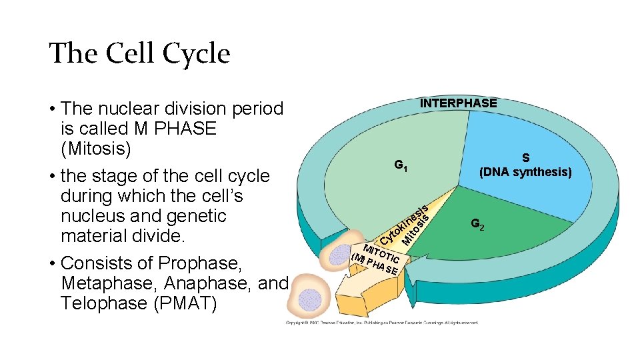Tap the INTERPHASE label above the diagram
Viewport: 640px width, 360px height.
coord(458,103)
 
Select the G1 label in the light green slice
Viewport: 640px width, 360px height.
coord(401,165)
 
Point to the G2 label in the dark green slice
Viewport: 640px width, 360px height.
coord(477,225)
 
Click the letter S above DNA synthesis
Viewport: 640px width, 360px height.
coord(525,158)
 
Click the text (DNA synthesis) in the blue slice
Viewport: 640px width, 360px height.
coord(525,173)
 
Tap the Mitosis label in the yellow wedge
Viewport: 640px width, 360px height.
coord(415,227)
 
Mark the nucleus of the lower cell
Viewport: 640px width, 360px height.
coord(309,298)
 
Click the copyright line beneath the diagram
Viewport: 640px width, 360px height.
coord(381,322)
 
